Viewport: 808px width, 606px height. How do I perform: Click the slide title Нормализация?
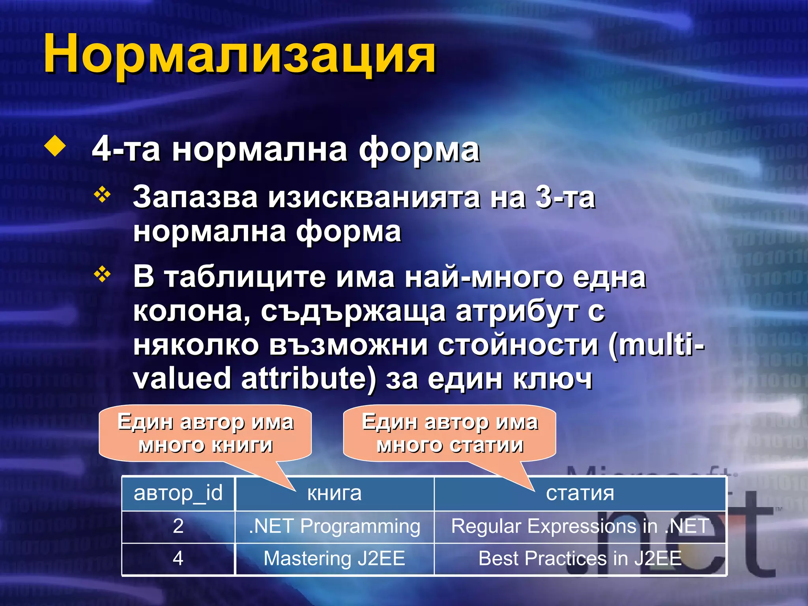pyautogui.click(x=239, y=54)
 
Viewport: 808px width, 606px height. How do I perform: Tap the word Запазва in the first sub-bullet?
pyautogui.click(x=195, y=197)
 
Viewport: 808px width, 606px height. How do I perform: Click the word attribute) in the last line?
pyautogui.click(x=308, y=378)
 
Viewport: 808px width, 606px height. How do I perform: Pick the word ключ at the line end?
pyautogui.click(x=553, y=378)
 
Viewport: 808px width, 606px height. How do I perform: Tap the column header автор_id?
pyautogui.click(x=178, y=494)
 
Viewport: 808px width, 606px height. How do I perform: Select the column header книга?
pyautogui.click(x=334, y=494)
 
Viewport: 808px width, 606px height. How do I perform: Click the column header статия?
pyautogui.click(x=580, y=494)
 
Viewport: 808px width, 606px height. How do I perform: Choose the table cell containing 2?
pyautogui.click(x=178, y=526)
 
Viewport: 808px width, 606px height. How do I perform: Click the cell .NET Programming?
pyautogui.click(x=334, y=526)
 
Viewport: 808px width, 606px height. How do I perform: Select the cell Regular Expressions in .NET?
pyautogui.click(x=580, y=526)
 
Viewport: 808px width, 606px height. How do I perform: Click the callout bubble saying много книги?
pyautogui.click(x=205, y=433)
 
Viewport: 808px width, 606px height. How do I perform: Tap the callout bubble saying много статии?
pyautogui.click(x=450, y=433)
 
